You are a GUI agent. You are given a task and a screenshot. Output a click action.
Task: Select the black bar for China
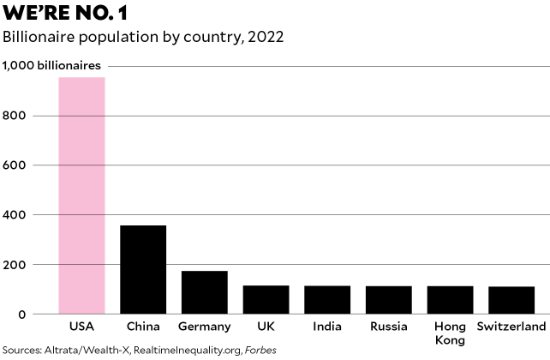[143, 269]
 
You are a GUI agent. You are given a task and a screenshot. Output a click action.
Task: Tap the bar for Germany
[205, 292]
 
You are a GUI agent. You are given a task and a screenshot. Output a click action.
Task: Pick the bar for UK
[266, 299]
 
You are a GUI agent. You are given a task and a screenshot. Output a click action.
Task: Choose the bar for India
[327, 299]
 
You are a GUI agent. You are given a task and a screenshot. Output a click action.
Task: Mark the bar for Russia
[389, 299]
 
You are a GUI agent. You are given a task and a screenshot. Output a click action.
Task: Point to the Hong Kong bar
[450, 299]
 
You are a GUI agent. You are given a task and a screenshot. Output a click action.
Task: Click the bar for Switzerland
[511, 300]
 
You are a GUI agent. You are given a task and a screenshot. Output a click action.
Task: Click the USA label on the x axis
[81, 327]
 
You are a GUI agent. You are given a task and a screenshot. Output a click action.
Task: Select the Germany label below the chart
[205, 327]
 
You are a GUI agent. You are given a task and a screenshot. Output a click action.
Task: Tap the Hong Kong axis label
[450, 333]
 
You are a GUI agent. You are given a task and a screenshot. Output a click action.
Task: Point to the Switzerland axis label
[511, 327]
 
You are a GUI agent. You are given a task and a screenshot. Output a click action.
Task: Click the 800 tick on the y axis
[15, 115]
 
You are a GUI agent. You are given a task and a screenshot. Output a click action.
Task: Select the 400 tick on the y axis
[15, 214]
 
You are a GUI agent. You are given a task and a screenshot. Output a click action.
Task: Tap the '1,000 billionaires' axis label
[51, 65]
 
